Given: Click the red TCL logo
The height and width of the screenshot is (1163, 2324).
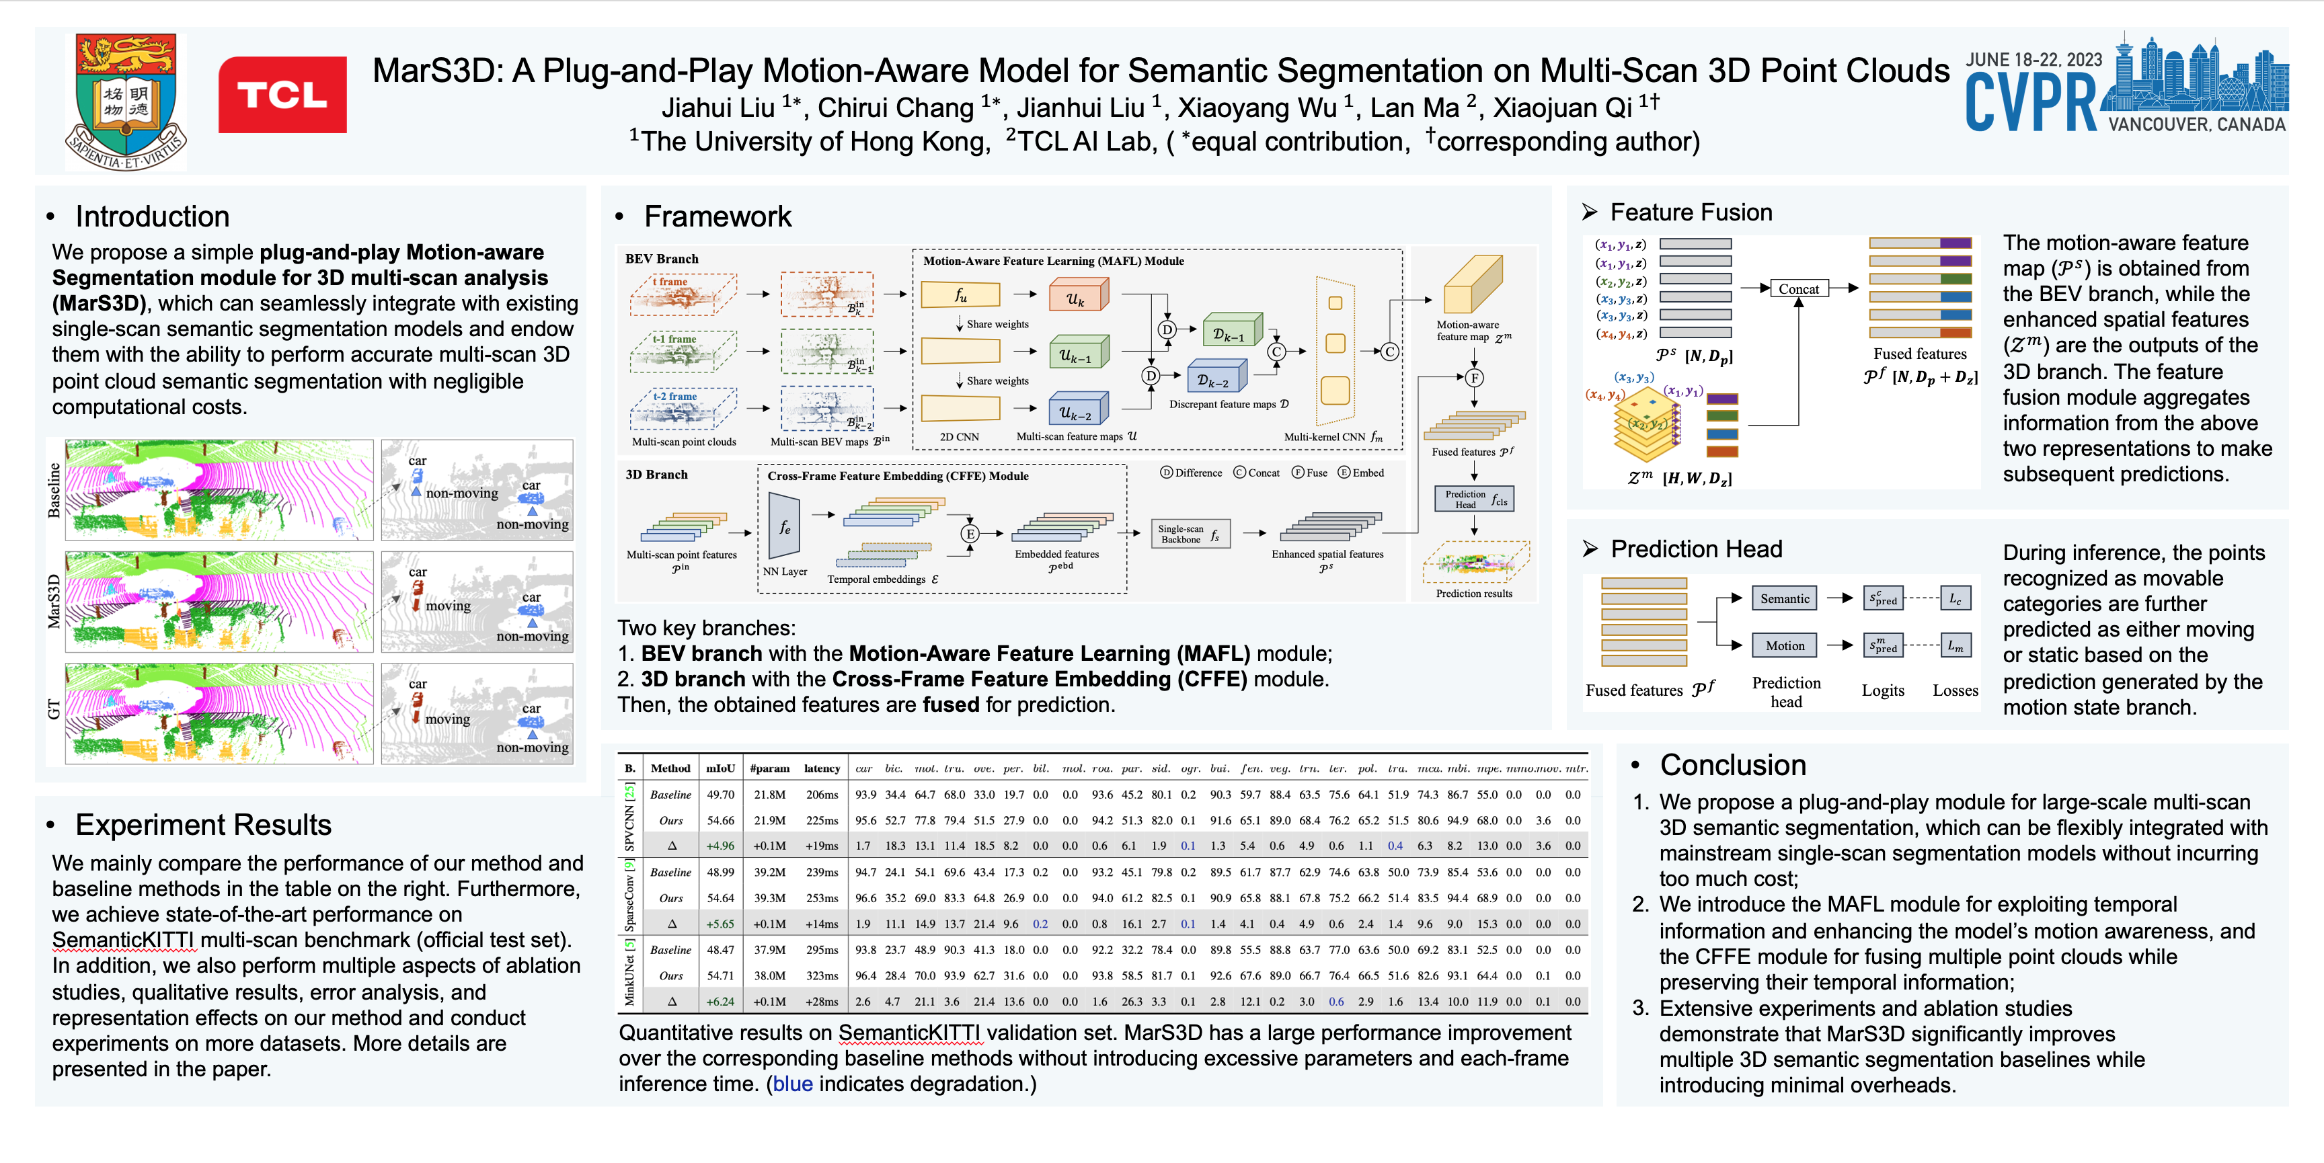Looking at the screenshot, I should (x=282, y=95).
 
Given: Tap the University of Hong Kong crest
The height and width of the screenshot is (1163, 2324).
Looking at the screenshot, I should (x=126, y=101).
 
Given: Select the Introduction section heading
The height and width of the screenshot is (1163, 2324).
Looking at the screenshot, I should (x=151, y=216).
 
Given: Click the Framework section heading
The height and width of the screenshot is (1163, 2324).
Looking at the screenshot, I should (x=718, y=216).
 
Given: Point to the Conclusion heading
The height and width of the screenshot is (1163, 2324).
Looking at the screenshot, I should (x=1732, y=765).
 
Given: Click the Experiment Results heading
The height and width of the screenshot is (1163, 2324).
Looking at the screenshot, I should (x=203, y=825).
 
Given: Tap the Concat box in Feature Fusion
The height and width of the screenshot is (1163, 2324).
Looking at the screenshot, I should (x=1798, y=288).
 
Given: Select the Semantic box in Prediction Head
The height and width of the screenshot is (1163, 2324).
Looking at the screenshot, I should (x=1785, y=598).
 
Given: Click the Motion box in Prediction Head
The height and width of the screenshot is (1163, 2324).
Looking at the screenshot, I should (x=1785, y=645).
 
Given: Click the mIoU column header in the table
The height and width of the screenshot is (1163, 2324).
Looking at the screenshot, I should (x=720, y=768).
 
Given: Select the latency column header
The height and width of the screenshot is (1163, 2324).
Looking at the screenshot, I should (x=822, y=768).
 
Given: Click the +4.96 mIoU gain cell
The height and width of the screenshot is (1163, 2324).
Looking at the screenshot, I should (x=720, y=846).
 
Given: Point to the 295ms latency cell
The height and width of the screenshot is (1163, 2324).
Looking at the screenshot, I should (x=822, y=950).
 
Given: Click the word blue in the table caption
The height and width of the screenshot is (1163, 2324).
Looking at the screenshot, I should (x=792, y=1084).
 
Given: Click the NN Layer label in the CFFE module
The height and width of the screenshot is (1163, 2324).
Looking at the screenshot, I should (x=785, y=571).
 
